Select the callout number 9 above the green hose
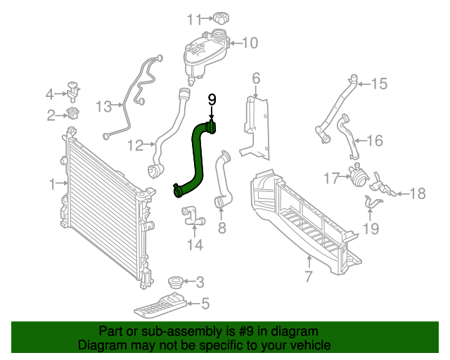click(212, 101)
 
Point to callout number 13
click(104, 106)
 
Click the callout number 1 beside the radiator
click(53, 184)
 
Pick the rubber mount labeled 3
click(175, 283)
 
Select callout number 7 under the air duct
click(308, 276)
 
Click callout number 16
click(375, 141)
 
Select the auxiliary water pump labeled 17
click(358, 177)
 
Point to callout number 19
click(371, 228)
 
